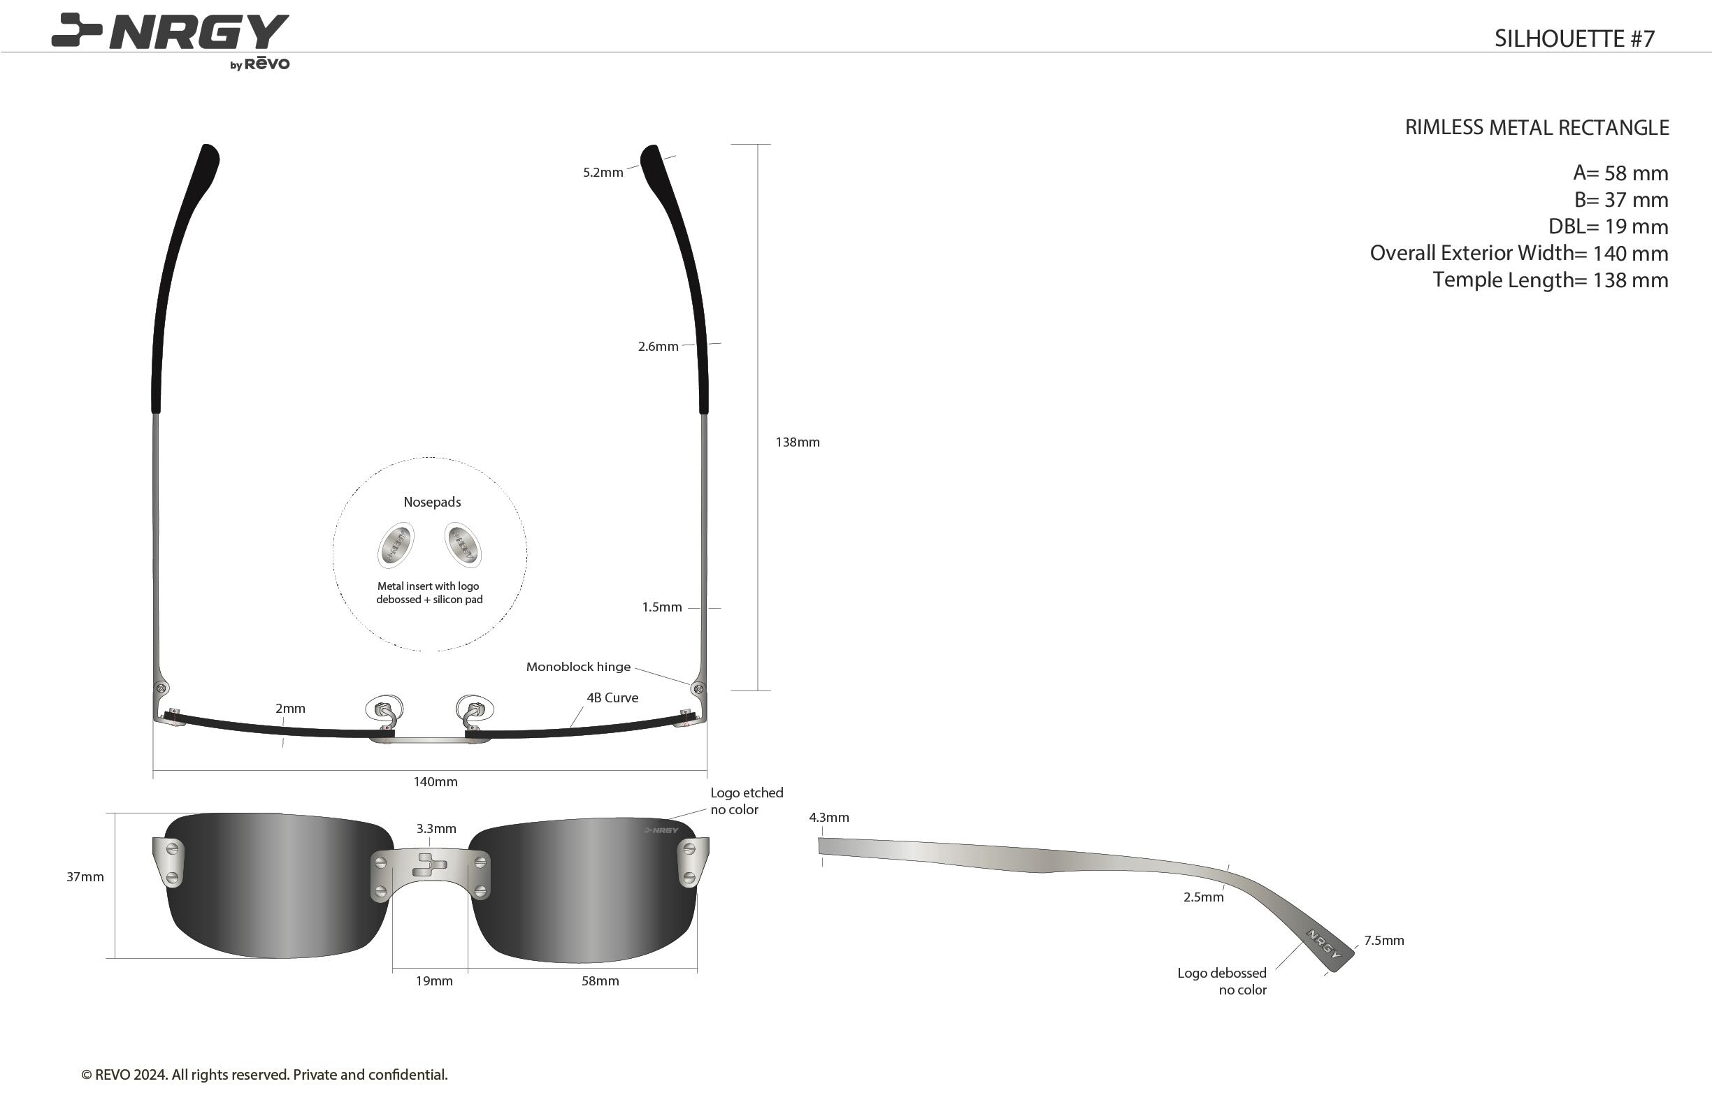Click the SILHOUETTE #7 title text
(x=1574, y=38)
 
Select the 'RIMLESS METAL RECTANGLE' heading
(x=1537, y=127)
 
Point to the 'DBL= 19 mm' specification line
(x=1608, y=226)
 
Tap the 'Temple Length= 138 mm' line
(x=1551, y=280)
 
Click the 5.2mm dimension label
(x=603, y=173)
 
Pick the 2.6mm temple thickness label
(x=658, y=347)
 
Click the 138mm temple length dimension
(x=798, y=442)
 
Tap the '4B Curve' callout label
(x=612, y=697)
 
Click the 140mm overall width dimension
(x=435, y=781)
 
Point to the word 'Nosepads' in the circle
(x=432, y=502)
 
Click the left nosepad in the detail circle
(x=396, y=546)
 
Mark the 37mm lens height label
(x=85, y=877)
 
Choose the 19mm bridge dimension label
(x=434, y=981)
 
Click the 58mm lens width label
(x=600, y=981)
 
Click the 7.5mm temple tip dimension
(x=1384, y=940)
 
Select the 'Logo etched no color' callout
(x=747, y=801)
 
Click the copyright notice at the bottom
(x=265, y=1075)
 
